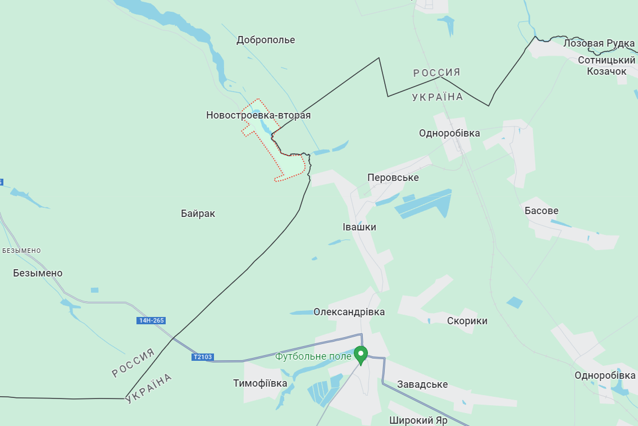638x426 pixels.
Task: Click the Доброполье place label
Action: click(266, 40)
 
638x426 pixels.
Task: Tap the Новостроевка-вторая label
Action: click(258, 115)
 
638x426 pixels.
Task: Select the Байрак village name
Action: click(198, 214)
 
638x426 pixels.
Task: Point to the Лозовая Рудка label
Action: click(599, 43)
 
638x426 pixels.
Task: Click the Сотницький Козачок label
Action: click(607, 66)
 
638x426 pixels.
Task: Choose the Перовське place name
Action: click(393, 178)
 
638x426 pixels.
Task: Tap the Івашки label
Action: click(359, 227)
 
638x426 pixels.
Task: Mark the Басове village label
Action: click(541, 211)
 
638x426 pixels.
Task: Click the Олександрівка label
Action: click(349, 311)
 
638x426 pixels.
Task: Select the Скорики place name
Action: click(467, 321)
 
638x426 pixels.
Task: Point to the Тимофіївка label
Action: click(260, 383)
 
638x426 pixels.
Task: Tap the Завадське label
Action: click(422, 384)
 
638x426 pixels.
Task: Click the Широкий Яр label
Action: click(418, 420)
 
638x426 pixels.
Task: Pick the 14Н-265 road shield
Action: click(151, 320)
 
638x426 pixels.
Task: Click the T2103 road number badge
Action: click(202, 357)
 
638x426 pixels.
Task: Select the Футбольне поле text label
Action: click(313, 356)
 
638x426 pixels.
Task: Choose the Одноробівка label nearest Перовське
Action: click(449, 133)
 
